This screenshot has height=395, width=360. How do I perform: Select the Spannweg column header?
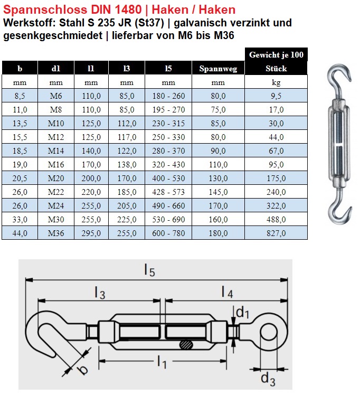[218, 69]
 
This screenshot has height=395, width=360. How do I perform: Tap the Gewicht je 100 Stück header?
[276, 61]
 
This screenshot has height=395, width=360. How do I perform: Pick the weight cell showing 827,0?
[276, 233]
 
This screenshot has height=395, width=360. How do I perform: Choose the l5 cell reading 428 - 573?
[168, 192]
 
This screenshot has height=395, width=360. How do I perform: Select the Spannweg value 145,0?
[218, 192]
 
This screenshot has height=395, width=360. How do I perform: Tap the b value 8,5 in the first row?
[20, 96]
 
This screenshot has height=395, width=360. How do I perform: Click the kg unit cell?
[276, 82]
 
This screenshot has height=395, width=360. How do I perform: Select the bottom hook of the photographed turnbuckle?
[337, 217]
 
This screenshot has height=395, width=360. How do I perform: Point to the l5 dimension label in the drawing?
[149, 271]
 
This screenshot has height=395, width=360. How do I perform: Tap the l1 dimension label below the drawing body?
[163, 363]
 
